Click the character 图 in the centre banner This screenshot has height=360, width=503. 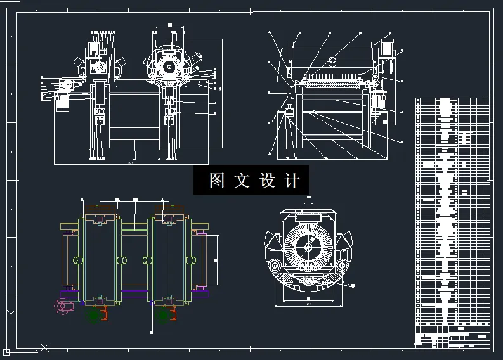(217, 181)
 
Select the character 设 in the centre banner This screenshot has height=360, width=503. (266, 181)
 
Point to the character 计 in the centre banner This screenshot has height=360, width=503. (292, 181)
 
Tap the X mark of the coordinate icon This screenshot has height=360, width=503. (44, 347)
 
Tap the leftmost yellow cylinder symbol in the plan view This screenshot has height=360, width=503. (77, 260)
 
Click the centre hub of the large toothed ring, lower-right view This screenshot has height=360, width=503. (308, 246)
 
